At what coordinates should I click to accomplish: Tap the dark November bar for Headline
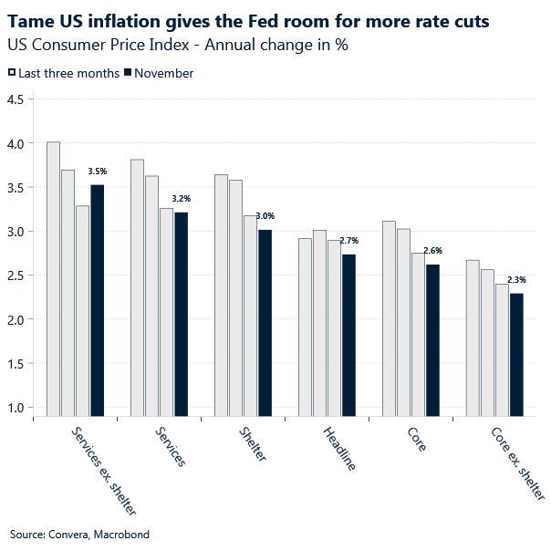click(x=348, y=334)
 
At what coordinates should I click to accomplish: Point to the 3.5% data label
click(x=97, y=171)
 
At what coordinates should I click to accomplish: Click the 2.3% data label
click(x=516, y=279)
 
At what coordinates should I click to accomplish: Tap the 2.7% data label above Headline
click(x=348, y=240)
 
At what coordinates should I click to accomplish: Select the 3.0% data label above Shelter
click(x=265, y=216)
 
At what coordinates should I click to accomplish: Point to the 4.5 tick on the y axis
click(x=16, y=99)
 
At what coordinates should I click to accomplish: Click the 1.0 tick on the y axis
click(x=16, y=407)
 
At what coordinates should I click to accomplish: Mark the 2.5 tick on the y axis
click(x=16, y=275)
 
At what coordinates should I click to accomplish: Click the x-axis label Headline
click(x=339, y=447)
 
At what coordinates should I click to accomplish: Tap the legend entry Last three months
click(x=63, y=73)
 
